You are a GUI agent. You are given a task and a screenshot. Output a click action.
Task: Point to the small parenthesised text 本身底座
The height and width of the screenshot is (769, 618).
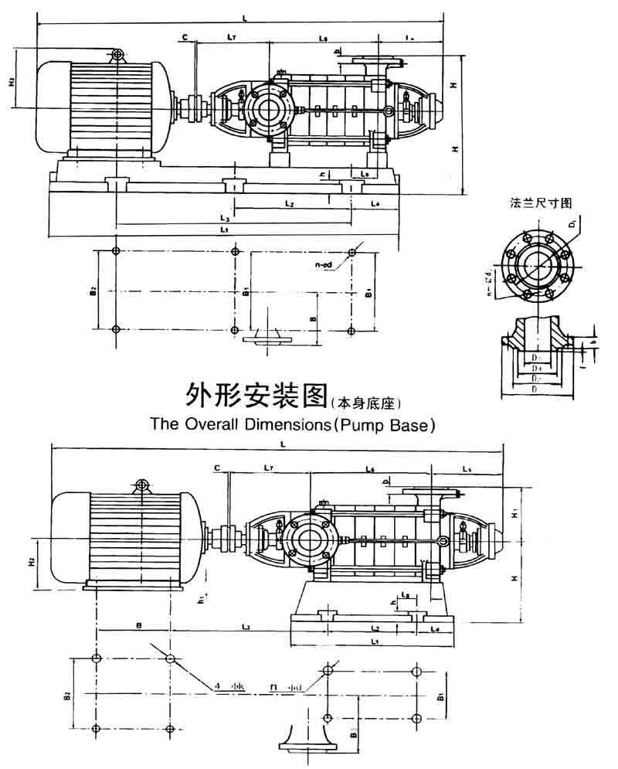(366, 402)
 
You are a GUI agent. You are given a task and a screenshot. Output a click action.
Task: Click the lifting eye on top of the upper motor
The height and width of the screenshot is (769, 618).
(117, 54)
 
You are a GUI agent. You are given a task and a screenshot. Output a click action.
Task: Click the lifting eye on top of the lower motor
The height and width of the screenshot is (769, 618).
(141, 485)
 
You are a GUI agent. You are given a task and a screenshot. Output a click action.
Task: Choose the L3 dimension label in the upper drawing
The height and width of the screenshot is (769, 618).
(224, 218)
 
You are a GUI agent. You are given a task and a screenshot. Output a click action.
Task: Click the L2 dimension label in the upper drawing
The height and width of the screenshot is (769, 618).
(289, 204)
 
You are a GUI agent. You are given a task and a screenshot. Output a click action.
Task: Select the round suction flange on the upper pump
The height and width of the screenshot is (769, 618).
(267, 109)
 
